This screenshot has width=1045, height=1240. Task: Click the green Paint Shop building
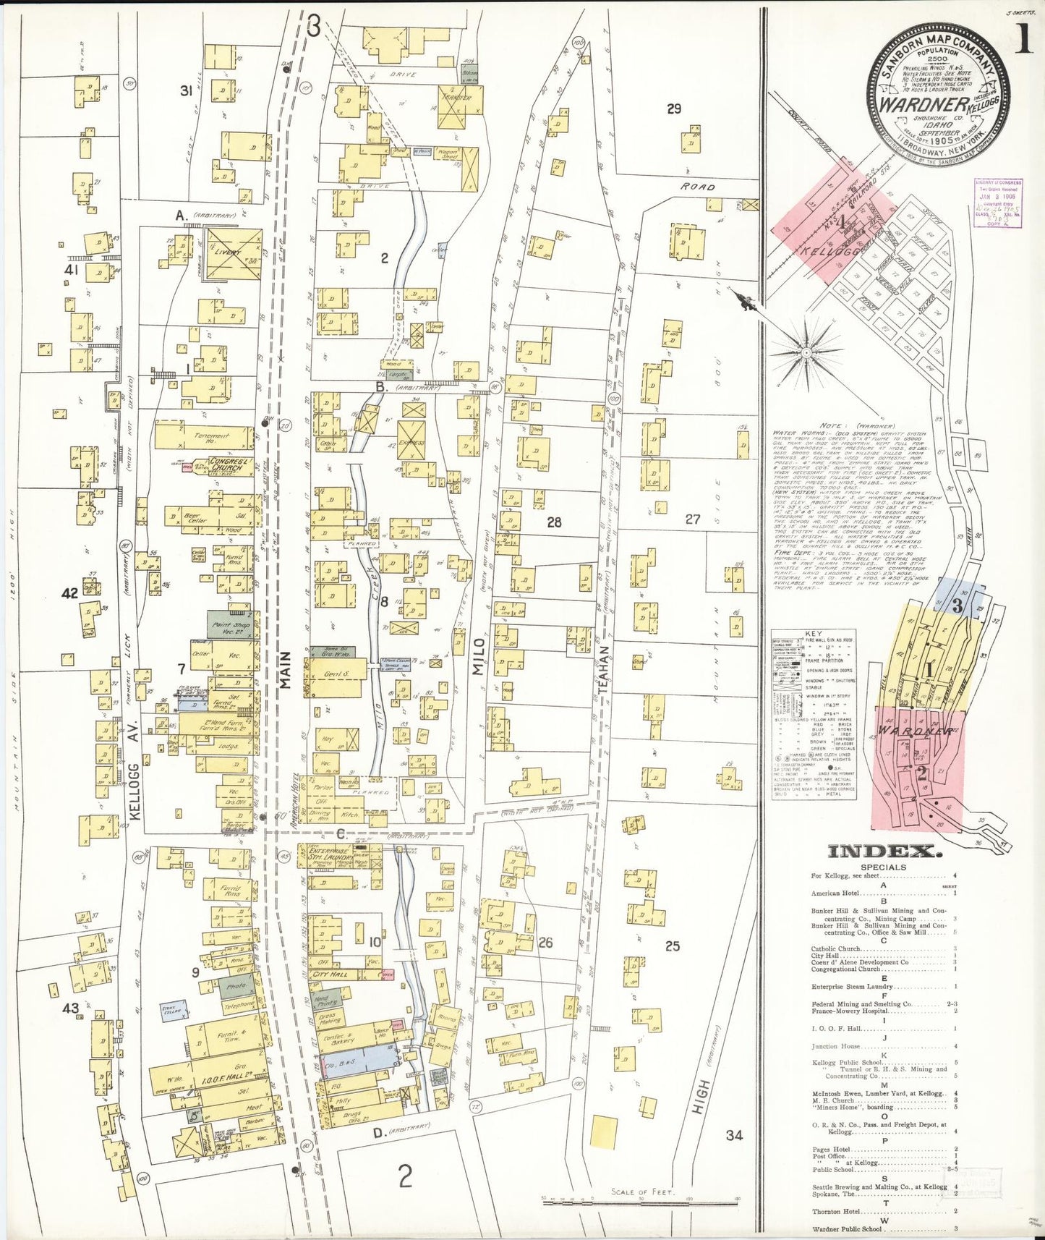231,624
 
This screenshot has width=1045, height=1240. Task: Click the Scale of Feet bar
640,1201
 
